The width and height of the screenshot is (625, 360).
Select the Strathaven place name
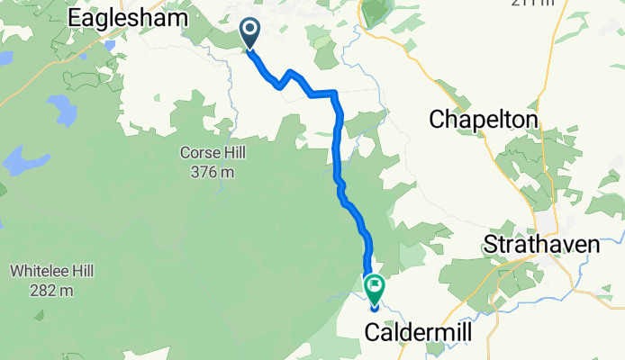click(541, 244)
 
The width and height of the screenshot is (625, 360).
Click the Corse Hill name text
click(212, 154)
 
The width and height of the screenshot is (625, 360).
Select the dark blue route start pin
click(249, 34)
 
